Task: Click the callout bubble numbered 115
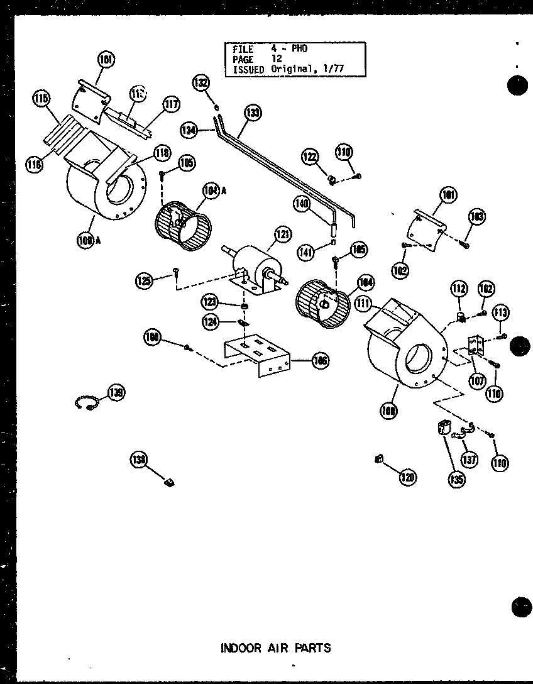pos(42,99)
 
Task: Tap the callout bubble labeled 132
pos(201,83)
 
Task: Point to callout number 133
pos(253,113)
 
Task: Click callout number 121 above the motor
pos(283,235)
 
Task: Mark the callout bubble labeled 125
pos(144,280)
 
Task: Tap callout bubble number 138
pos(139,460)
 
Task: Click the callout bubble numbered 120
pos(408,478)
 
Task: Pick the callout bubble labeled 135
pos(457,480)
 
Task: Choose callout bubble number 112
pos(459,289)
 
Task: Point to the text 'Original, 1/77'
pos(308,69)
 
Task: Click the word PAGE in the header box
pos(243,59)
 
